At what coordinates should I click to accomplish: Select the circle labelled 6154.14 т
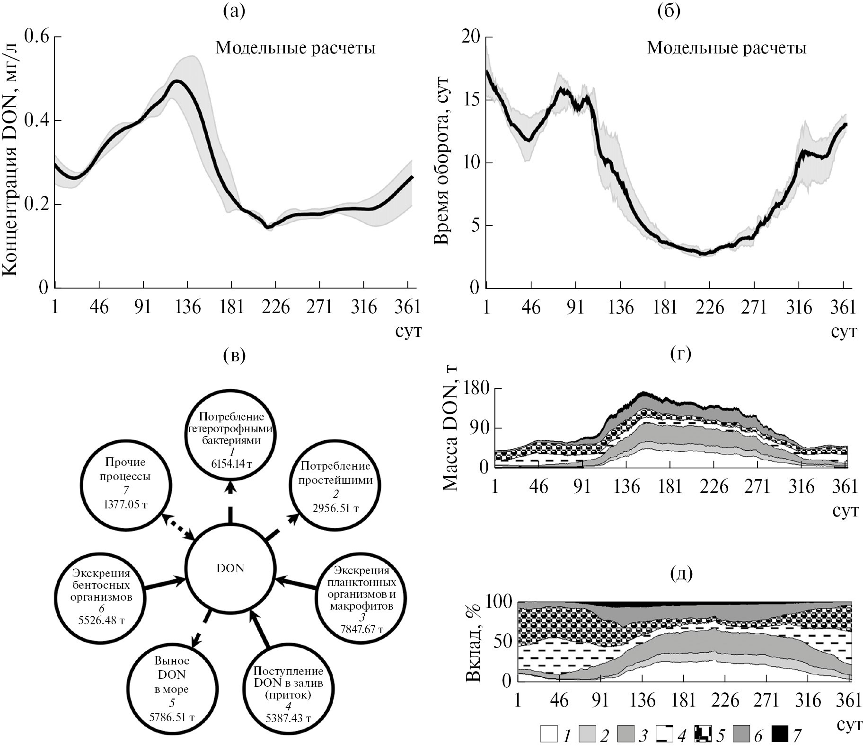tap(230, 436)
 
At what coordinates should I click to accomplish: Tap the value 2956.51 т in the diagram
tap(335, 509)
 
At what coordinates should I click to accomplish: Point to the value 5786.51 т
tap(172, 717)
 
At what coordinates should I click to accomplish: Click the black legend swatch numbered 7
tap(779, 735)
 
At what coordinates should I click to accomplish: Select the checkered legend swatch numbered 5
tap(703, 735)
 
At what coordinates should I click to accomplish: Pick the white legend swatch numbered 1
tap(549, 735)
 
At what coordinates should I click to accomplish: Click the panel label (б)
tap(669, 10)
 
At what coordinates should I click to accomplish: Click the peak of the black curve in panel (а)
tap(177, 81)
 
